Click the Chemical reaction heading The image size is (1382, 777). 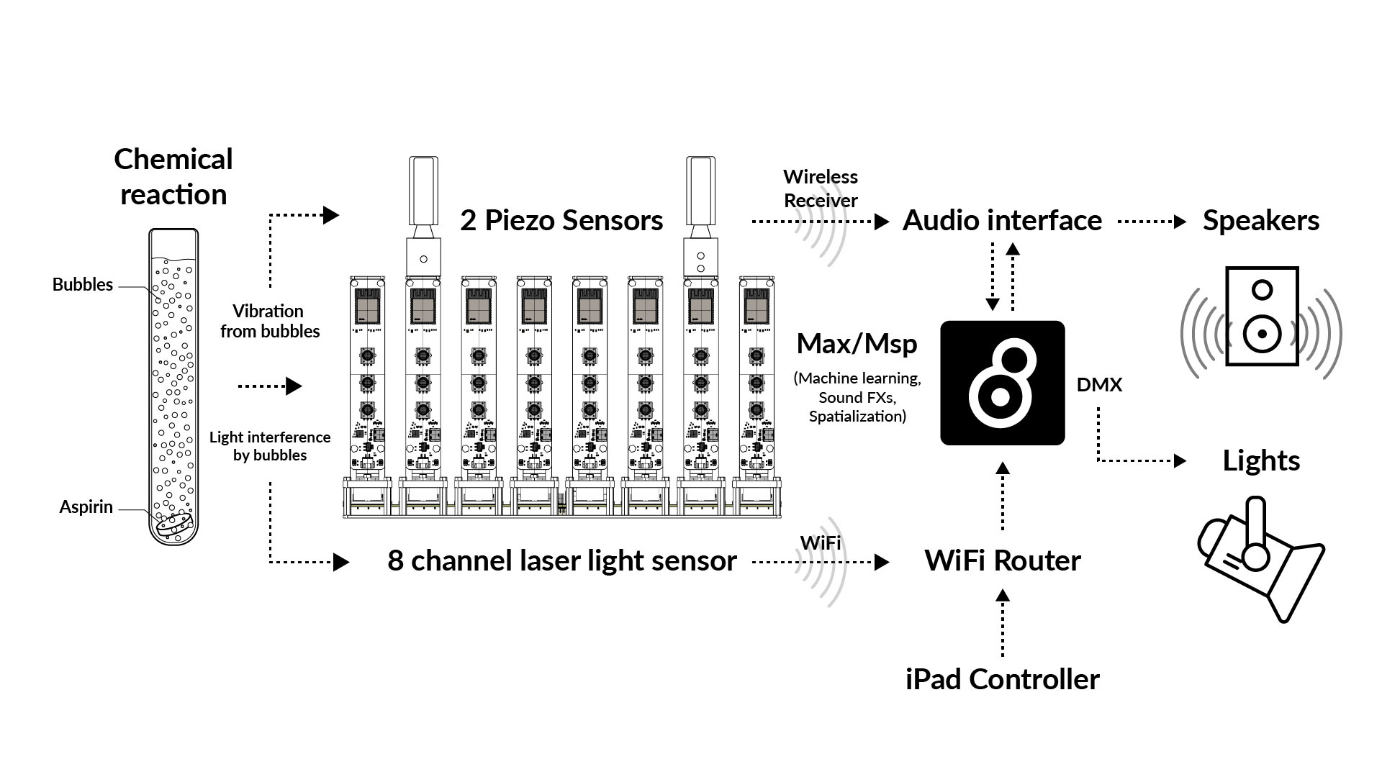(x=173, y=177)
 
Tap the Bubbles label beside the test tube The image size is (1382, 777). (x=83, y=285)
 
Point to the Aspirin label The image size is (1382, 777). (x=86, y=507)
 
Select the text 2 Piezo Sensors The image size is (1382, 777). (x=561, y=220)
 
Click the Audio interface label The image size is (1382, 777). (x=1002, y=220)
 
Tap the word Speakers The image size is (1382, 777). (x=1261, y=220)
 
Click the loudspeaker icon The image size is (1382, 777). (x=1261, y=317)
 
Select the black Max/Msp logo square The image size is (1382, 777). (x=1002, y=383)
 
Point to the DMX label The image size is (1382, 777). (x=1099, y=385)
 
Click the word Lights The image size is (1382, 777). (x=1261, y=460)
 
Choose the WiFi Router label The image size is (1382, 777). (x=1002, y=560)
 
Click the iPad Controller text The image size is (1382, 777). (x=1002, y=679)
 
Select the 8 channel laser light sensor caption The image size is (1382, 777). (x=561, y=560)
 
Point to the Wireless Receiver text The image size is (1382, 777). (x=821, y=188)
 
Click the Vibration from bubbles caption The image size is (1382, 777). (x=270, y=321)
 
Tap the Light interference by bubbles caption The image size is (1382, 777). (x=270, y=446)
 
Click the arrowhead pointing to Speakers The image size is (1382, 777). (x=1180, y=222)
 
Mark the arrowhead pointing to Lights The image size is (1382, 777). (x=1180, y=460)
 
